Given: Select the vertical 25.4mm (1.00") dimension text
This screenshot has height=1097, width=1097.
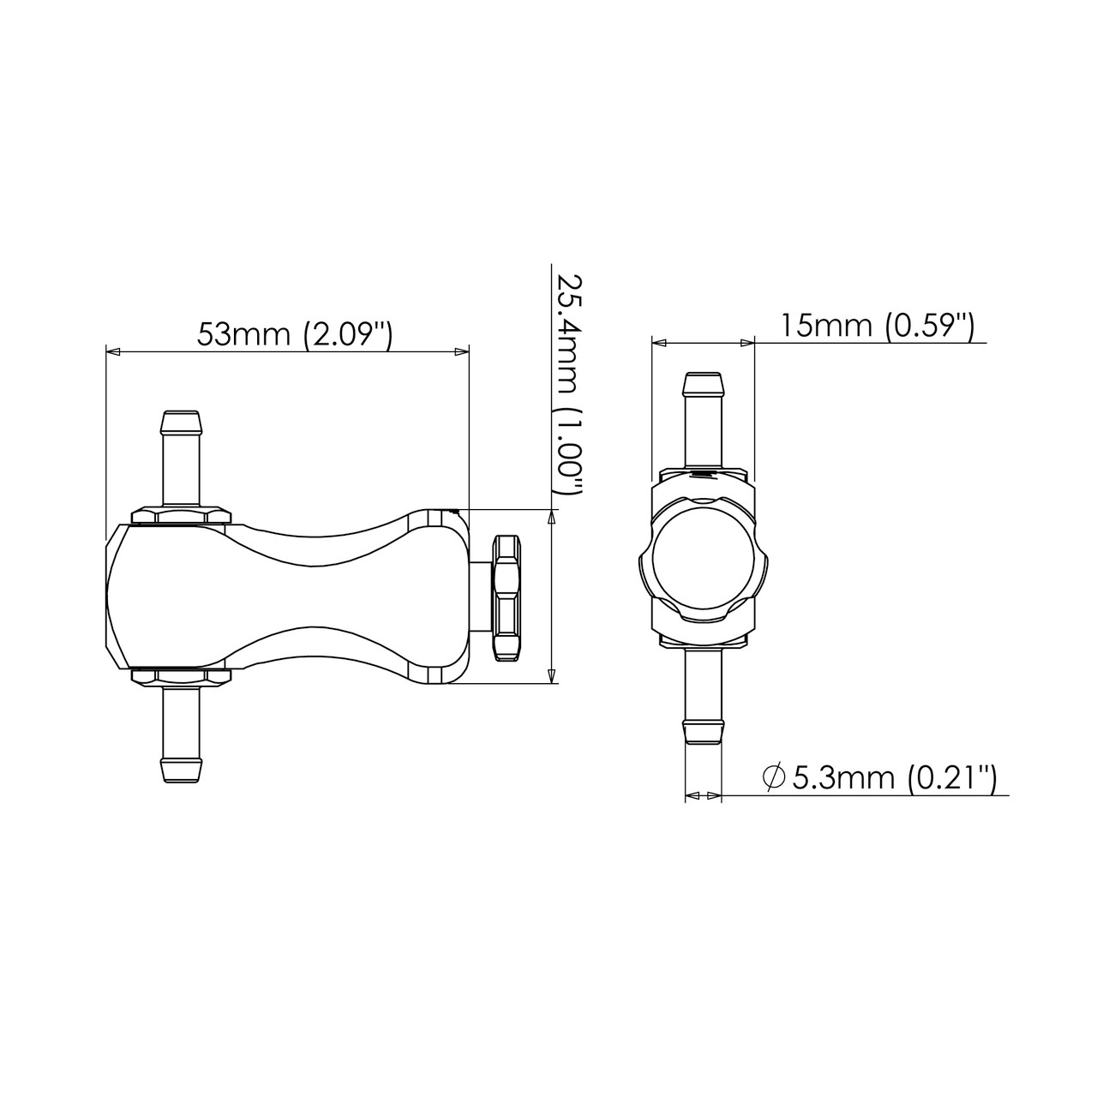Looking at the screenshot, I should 566,386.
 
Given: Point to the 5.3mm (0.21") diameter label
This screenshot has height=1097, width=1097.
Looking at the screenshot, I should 893,777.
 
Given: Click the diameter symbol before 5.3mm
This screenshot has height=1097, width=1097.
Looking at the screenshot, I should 773,777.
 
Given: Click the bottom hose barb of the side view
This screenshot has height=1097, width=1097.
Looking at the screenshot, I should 182,733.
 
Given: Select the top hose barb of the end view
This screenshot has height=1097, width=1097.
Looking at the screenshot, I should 704,420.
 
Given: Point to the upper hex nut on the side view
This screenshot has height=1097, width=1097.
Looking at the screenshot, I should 182,515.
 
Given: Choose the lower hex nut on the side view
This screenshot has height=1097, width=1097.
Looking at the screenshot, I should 182,676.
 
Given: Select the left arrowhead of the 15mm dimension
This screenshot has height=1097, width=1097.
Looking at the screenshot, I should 659,343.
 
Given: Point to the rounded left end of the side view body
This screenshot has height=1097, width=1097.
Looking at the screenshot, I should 116,596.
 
